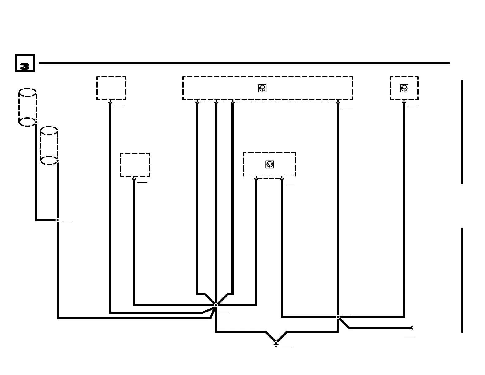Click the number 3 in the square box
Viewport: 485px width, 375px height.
[24, 66]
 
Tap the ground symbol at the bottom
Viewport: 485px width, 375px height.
[276, 344]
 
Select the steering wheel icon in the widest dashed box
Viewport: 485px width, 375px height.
[262, 88]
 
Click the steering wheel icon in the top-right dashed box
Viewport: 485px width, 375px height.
[404, 88]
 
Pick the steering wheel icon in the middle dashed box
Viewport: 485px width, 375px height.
[269, 164]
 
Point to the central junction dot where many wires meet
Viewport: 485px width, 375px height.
[216, 305]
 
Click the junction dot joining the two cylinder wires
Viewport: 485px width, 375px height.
[58, 220]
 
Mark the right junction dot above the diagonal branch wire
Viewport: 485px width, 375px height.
[338, 317]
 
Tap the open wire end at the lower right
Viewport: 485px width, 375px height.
[412, 328]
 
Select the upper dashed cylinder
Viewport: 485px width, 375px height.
[28, 107]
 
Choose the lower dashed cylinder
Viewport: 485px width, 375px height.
[49, 146]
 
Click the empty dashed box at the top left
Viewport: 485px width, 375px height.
[111, 88]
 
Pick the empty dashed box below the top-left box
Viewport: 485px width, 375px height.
[135, 165]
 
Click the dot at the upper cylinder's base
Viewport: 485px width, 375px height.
[36, 122]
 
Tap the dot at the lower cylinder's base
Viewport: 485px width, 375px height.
[58, 161]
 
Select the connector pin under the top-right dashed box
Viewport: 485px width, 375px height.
[404, 103]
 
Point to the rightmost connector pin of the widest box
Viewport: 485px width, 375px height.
[338, 103]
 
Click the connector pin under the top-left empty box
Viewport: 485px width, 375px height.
[110, 103]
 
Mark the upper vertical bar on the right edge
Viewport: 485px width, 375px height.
[462, 132]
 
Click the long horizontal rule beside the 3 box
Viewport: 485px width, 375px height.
[244, 63]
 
